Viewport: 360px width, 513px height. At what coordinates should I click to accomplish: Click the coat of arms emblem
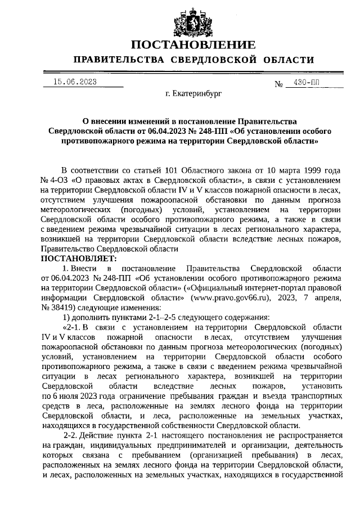click(188, 21)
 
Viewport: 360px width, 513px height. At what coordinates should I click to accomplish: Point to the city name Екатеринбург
click(193, 94)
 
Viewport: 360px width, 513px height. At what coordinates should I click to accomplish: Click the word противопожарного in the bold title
click(96, 141)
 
